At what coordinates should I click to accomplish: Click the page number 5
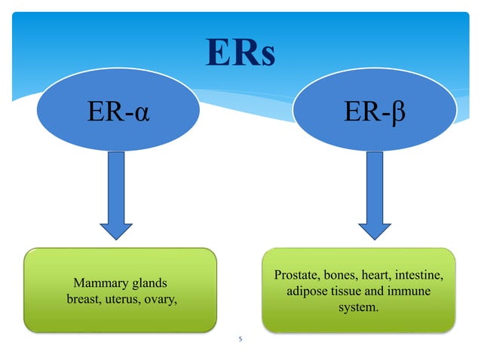(x=240, y=340)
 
